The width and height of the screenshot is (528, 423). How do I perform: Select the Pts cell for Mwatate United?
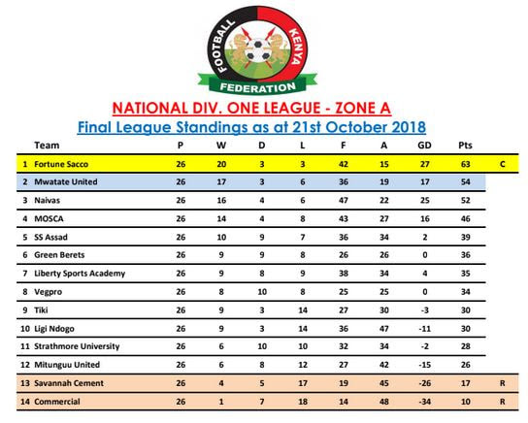(466, 181)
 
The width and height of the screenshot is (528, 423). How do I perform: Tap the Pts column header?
(465, 146)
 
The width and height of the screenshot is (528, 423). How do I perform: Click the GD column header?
(424, 146)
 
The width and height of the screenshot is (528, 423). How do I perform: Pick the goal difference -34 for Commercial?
(424, 401)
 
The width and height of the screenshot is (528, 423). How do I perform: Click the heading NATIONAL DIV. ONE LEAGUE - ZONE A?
(264, 107)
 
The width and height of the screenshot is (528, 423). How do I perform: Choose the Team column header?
(46, 146)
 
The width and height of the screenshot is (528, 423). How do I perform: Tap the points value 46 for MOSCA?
(466, 218)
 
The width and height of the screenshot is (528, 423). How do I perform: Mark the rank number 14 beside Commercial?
(25, 401)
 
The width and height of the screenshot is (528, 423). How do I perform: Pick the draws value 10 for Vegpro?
(264, 291)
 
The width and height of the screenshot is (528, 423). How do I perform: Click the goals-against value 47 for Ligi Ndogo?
(385, 328)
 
